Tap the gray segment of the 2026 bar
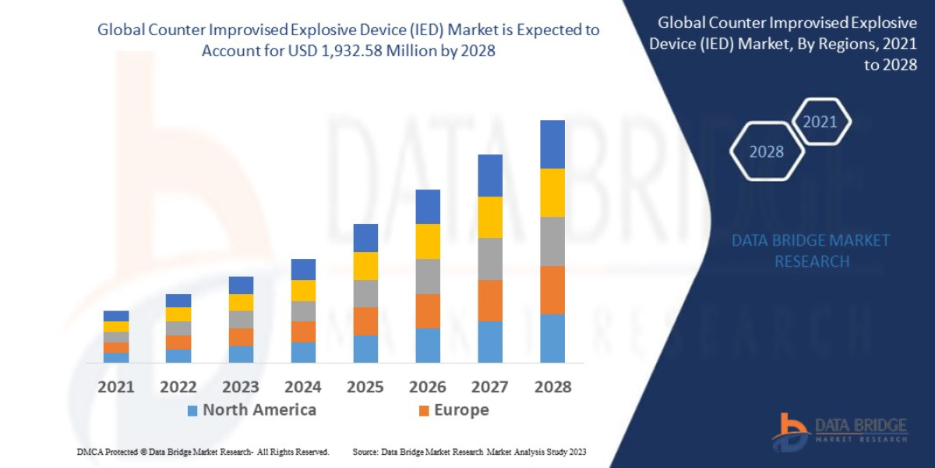427,276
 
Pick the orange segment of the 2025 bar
365,321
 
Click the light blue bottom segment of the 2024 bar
303,353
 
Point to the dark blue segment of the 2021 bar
116,316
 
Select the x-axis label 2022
178,386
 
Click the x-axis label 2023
240,386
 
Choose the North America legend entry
251,410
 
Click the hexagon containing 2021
820,122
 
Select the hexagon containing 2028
767,151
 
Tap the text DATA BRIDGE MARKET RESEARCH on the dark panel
811,250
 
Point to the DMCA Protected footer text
203,452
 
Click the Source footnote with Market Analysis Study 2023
469,452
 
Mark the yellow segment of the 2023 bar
241,302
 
